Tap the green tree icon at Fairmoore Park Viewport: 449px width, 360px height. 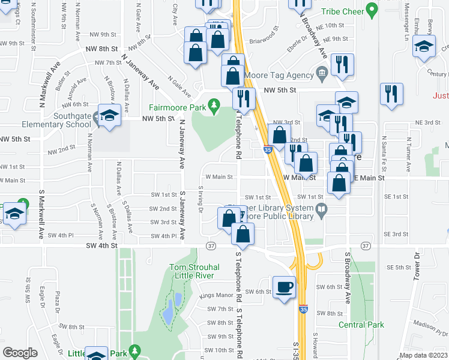[213, 107]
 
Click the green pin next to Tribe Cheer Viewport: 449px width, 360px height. [372, 10]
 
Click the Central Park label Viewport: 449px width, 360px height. [361, 325]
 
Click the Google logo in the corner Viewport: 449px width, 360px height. [20, 352]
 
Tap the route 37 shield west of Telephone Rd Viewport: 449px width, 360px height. [211, 246]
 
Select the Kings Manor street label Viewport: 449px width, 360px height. [216, 295]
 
